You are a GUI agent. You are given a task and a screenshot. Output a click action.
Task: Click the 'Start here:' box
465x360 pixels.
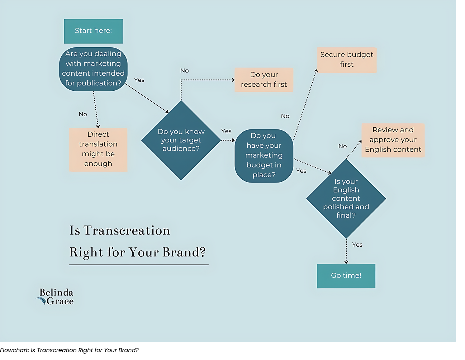pos(93,31)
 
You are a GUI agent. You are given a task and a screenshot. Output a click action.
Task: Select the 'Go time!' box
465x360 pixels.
pos(346,276)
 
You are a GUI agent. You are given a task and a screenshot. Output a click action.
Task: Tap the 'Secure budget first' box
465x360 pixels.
pos(347,60)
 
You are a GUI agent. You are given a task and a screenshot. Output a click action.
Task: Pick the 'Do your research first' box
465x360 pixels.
pos(264,80)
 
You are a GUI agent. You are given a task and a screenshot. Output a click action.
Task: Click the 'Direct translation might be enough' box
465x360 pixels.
pos(98,149)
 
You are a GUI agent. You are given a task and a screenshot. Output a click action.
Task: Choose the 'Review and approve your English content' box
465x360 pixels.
pos(393,140)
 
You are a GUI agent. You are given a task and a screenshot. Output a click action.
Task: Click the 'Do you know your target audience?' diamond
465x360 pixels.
pos(181,140)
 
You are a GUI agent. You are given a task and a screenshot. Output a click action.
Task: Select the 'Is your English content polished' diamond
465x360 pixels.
pos(346,199)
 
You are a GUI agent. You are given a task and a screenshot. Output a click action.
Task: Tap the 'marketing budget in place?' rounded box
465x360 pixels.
pos(264,156)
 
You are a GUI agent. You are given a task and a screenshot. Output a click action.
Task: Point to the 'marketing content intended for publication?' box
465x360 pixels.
pos(93,69)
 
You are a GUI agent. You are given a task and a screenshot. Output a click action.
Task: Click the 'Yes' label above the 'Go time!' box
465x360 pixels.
pos(357,245)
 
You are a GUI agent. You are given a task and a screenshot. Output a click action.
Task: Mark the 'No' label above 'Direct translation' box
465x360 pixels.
pos(83,114)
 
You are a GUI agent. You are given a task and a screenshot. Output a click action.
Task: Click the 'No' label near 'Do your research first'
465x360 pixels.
pos(185,71)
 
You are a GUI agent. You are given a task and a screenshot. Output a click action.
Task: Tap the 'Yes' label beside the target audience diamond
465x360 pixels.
pos(226,131)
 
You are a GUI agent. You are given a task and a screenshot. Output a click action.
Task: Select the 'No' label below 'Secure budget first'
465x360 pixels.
pos(285,116)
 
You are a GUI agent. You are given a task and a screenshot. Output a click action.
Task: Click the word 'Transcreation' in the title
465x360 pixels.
pos(127,231)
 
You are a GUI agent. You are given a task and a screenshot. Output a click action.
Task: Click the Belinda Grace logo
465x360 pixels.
pos(56,297)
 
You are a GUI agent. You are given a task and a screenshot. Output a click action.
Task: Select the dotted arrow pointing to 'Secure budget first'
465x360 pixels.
pos(305,104)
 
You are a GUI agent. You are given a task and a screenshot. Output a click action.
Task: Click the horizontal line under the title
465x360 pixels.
pos(139,265)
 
